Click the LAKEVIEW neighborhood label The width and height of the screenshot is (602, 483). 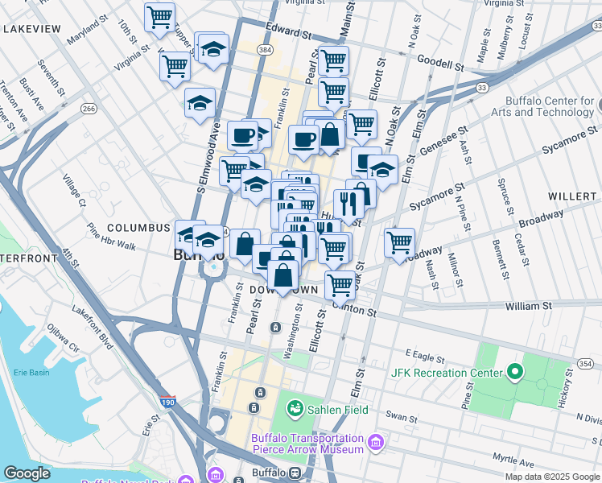tap(32, 29)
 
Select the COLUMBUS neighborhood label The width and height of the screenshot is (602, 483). tap(139, 229)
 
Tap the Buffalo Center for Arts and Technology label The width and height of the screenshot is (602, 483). tap(550, 106)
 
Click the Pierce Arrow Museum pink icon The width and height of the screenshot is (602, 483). tap(375, 441)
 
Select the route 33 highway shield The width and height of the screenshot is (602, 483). tap(482, 86)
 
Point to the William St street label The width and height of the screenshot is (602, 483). tap(528, 306)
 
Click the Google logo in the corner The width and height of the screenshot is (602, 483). tap(27, 473)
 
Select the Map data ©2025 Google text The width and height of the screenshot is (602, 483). tap(551, 477)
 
